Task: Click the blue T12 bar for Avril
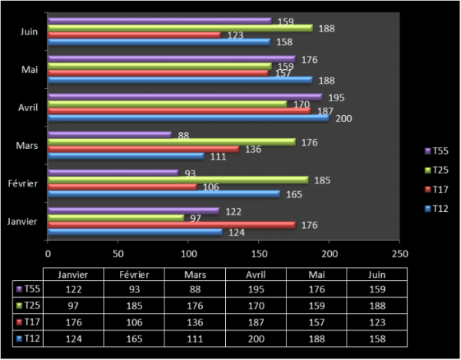click(188, 118)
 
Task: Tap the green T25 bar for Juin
click(180, 28)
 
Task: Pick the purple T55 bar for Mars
click(110, 134)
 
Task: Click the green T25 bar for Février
click(178, 180)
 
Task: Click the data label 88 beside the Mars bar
click(184, 136)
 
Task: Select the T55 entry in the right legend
click(435, 151)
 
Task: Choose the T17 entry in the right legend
click(435, 189)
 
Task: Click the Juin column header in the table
click(376, 274)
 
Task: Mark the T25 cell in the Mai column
click(316, 306)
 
